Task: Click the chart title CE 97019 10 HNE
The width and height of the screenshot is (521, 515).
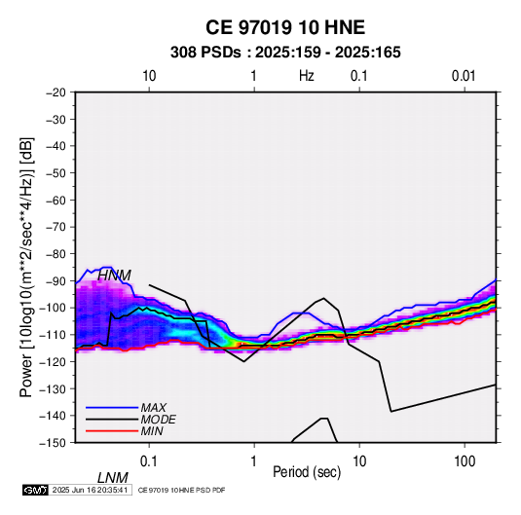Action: (285, 27)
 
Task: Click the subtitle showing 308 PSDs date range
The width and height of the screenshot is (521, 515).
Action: (285, 53)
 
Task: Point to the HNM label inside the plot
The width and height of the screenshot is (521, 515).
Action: (114, 276)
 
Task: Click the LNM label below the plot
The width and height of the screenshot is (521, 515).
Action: (113, 478)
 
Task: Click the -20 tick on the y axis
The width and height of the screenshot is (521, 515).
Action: (56, 92)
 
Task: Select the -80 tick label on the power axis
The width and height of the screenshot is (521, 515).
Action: (56, 254)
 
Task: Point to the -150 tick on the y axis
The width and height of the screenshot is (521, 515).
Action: (53, 443)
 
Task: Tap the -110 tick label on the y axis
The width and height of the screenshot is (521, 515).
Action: (53, 335)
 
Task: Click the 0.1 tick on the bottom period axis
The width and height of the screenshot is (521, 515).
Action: (149, 461)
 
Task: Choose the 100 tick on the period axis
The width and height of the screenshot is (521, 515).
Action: (465, 461)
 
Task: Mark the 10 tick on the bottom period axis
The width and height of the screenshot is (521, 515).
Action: (359, 461)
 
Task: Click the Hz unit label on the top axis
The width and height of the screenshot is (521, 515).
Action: (307, 76)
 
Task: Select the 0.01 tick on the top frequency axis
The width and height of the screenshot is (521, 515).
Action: (464, 76)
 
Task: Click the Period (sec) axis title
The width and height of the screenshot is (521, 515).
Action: (307, 472)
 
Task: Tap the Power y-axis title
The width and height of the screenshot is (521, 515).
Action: (26, 267)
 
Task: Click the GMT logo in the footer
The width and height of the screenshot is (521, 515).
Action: (36, 490)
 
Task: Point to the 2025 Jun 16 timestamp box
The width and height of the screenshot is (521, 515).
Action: (90, 490)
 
